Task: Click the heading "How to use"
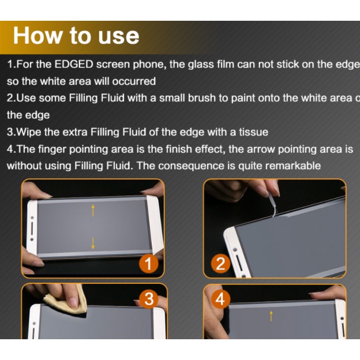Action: pos(76,36)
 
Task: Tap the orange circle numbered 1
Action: pos(148,264)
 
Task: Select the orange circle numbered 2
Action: pos(220,264)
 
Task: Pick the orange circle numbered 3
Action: pos(149,299)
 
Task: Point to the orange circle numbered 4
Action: pos(220,299)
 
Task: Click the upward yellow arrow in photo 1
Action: pos(93,211)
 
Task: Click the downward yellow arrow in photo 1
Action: pos(93,243)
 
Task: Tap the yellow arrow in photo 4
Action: pos(271,316)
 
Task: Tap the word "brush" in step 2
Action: pos(202,98)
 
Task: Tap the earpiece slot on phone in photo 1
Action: pos(32,228)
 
